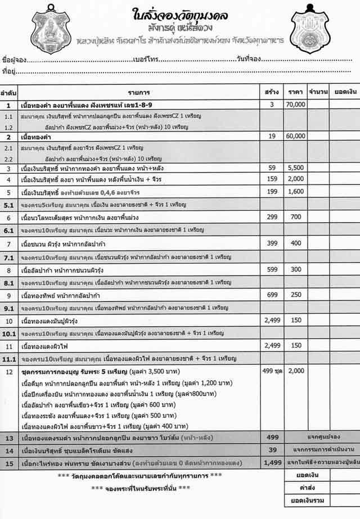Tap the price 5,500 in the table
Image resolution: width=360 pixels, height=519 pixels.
295,168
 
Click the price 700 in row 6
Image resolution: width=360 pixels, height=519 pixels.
295,217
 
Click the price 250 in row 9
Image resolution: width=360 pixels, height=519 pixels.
295,295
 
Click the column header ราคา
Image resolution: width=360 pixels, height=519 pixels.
295,91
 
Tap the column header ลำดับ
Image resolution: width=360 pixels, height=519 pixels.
8,91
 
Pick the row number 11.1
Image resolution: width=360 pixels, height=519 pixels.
8,358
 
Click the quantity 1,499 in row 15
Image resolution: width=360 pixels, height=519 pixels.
273,462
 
